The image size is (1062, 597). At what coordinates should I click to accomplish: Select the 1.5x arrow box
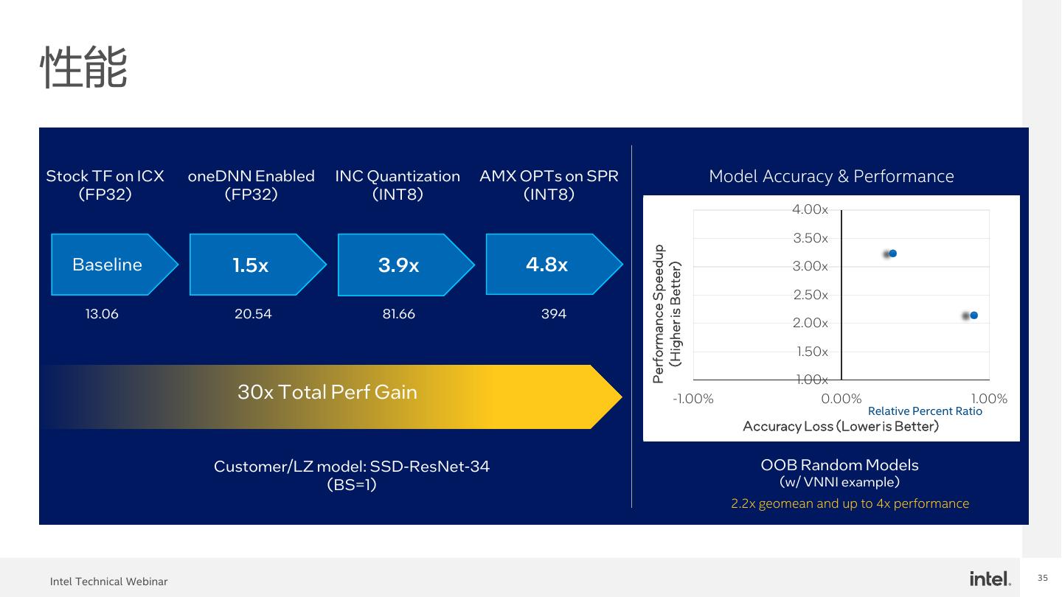(x=251, y=265)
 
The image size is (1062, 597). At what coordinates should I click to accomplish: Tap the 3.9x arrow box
(x=399, y=265)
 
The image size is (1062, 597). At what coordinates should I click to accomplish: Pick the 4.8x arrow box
(x=547, y=264)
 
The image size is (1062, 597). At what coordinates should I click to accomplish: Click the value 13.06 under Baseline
(x=102, y=314)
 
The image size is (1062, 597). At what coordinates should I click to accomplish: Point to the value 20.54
(x=253, y=314)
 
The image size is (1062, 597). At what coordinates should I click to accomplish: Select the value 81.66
(x=398, y=314)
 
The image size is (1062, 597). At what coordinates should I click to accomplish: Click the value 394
(x=554, y=314)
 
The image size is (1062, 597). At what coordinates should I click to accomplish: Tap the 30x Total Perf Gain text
(x=327, y=392)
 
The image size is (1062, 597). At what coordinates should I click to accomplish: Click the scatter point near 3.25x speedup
(x=892, y=254)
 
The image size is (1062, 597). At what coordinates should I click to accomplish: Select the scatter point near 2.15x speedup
(x=974, y=315)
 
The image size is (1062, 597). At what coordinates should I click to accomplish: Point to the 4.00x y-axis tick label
(x=811, y=210)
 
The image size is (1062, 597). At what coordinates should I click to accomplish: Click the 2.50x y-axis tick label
(x=811, y=295)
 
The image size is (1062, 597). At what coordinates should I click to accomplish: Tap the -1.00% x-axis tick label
(x=693, y=399)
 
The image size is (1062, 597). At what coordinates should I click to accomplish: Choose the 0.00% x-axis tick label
(x=841, y=399)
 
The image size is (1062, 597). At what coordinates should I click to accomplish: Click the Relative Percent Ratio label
(x=925, y=411)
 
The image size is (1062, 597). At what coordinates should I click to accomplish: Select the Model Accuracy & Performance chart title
(x=831, y=176)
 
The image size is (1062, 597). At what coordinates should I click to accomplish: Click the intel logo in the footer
(x=990, y=579)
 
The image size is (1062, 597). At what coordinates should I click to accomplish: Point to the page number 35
(x=1043, y=577)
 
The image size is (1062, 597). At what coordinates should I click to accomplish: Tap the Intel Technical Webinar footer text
(x=109, y=582)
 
